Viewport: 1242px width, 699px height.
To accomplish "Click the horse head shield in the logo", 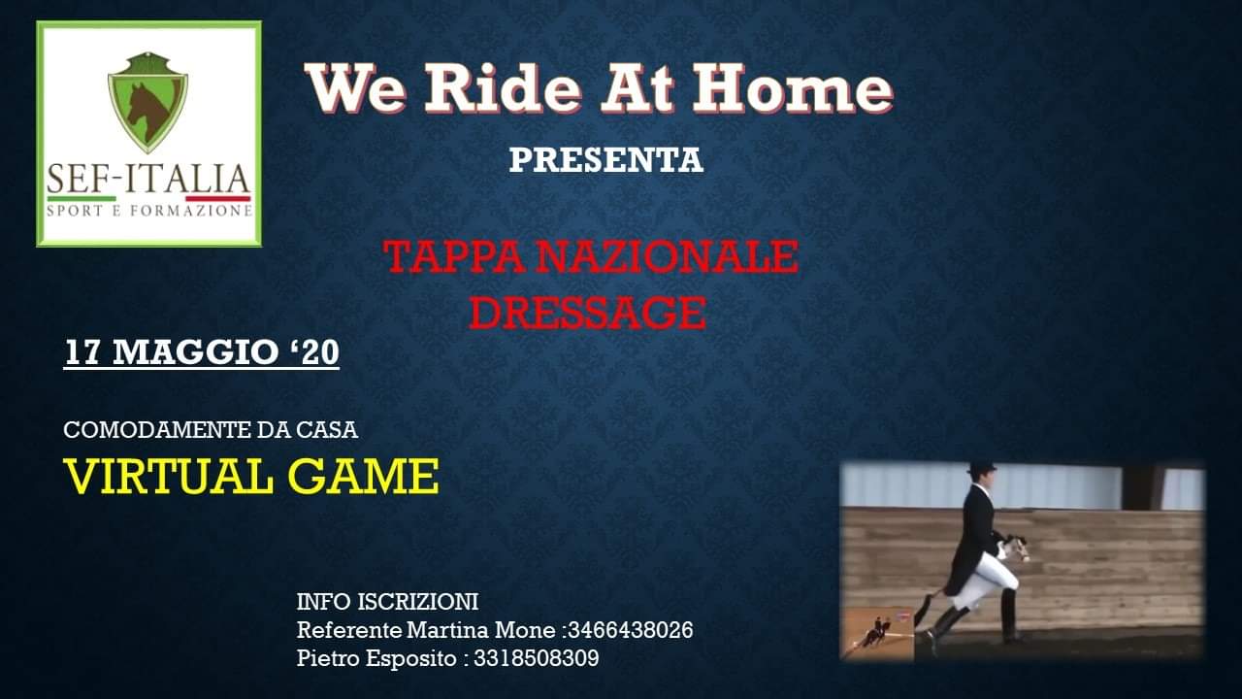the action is pos(147,103).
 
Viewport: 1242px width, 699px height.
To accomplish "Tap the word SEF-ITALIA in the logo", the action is pos(148,179).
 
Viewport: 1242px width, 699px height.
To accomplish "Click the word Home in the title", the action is pos(794,88).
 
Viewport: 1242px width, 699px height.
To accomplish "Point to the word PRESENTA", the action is pos(606,160).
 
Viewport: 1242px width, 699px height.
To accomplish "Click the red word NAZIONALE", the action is pos(667,256).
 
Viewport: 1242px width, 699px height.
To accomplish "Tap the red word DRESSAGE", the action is pos(587,313).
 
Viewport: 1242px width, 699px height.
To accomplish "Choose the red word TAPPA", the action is pos(455,256).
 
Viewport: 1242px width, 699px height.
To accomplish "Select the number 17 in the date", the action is pos(82,351).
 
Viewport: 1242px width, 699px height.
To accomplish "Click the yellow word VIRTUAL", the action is pos(169,476).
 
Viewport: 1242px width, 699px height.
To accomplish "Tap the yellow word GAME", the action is pos(364,476).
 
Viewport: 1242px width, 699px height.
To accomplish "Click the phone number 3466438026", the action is pos(631,630).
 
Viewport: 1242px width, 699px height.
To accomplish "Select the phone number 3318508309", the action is pos(537,658).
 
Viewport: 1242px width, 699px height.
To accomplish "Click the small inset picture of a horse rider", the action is pos(878,633).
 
